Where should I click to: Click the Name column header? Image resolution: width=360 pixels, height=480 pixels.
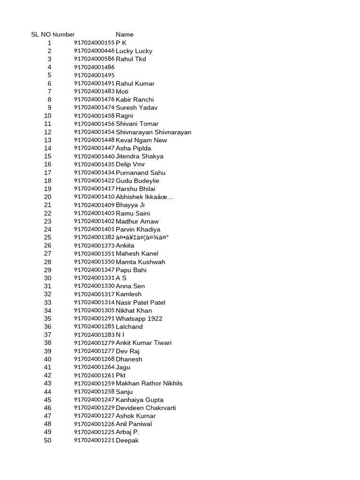pyautogui.click(x=125, y=34)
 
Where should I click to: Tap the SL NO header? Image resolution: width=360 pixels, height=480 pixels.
pyautogui.click(x=41, y=34)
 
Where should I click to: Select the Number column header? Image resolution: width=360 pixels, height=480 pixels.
pyautogui.click(x=64, y=34)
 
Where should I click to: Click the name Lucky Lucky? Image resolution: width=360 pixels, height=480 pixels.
pyautogui.click(x=134, y=51)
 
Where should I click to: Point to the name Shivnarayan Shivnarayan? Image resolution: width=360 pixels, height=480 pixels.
pyautogui.click(x=154, y=132)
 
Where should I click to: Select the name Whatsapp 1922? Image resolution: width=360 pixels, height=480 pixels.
pyautogui.click(x=139, y=319)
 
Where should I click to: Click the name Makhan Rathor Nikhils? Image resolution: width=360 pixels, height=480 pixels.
pyautogui.click(x=149, y=383)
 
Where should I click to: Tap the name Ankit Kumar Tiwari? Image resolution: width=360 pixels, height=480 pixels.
pyautogui.click(x=143, y=343)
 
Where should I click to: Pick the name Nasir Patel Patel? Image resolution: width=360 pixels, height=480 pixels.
pyautogui.click(x=141, y=302)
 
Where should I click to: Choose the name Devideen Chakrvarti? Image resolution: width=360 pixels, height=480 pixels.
pyautogui.click(x=146, y=408)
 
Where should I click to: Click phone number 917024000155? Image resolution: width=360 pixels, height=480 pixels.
pyautogui.click(x=94, y=43)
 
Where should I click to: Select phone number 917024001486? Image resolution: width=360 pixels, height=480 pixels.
pyautogui.click(x=94, y=67)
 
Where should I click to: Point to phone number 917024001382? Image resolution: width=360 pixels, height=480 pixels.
pyautogui.click(x=94, y=237)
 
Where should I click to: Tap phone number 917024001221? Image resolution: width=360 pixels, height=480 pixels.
pyautogui.click(x=94, y=440)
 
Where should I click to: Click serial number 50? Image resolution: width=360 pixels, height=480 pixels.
pyautogui.click(x=48, y=440)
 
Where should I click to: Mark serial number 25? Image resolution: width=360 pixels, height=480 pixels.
pyautogui.click(x=48, y=237)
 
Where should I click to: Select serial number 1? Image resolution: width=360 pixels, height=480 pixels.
pyautogui.click(x=49, y=43)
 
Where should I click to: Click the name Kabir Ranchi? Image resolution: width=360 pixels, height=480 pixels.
pyautogui.click(x=135, y=99)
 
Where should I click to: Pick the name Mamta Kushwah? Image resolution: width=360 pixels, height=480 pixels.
pyautogui.click(x=141, y=262)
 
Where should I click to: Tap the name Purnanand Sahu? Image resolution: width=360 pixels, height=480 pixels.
pyautogui.click(x=141, y=172)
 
